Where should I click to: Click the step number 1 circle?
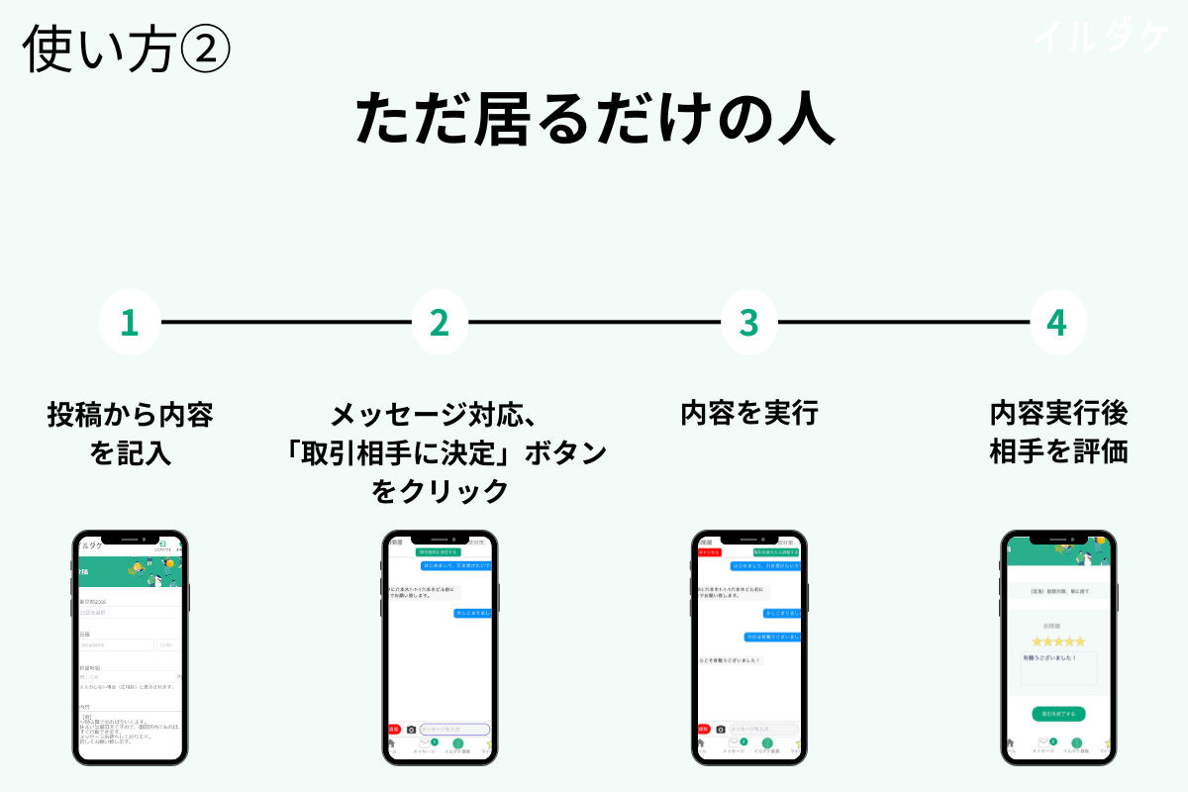coord(129,322)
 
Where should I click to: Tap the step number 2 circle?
coord(440,322)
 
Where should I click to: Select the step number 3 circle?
coord(748,322)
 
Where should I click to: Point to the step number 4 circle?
coord(1057,322)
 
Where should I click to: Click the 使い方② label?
coord(126,48)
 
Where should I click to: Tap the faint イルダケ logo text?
coord(1101,38)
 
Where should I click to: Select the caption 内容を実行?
coord(748,413)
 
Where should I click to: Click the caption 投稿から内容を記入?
coord(130,433)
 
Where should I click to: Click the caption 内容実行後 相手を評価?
coord(1058,432)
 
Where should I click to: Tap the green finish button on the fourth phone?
coord(1058,713)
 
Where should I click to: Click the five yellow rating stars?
coord(1058,642)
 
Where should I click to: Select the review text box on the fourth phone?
coord(1058,668)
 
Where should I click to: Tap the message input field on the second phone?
coord(454,729)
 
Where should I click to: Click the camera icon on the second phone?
coord(411,730)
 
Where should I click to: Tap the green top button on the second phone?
coord(439,550)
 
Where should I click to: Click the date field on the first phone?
coord(117,644)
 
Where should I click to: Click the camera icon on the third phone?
coord(721,730)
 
